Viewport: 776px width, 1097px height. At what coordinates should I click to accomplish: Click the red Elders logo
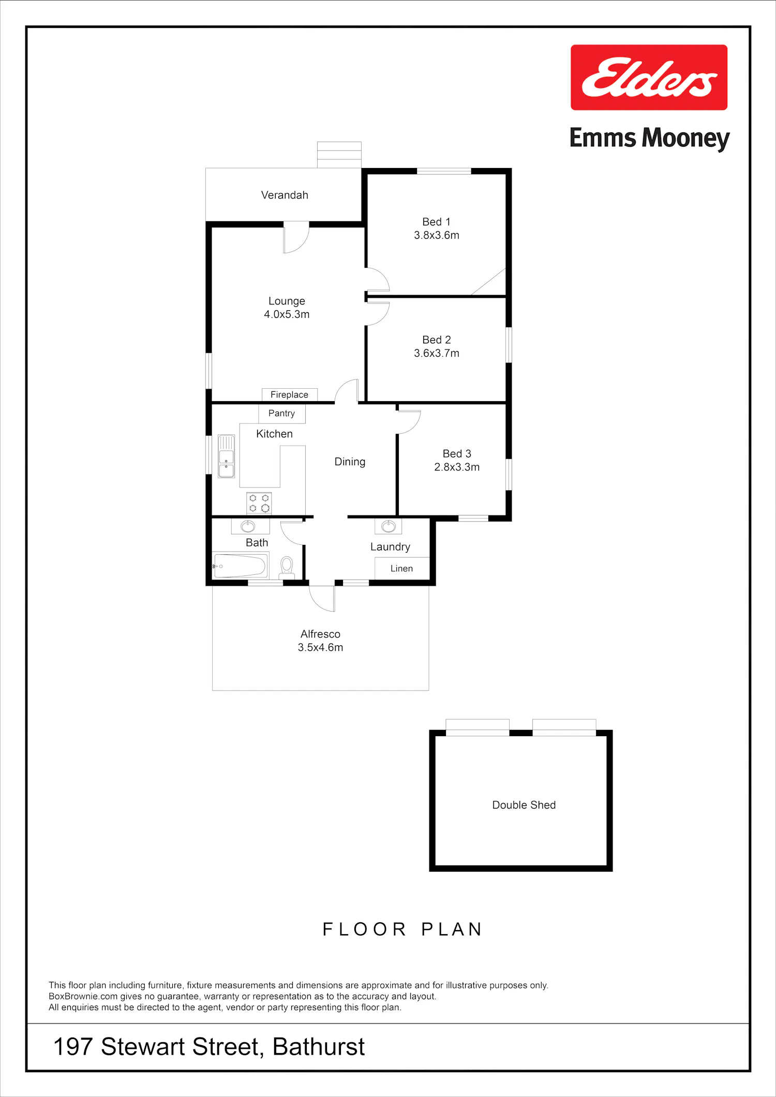click(x=649, y=78)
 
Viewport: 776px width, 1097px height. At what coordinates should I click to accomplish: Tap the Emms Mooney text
click(x=649, y=139)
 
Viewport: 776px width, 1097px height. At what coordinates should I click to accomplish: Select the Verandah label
click(x=285, y=195)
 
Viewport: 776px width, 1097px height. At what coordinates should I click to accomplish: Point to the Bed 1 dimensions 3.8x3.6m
click(x=437, y=235)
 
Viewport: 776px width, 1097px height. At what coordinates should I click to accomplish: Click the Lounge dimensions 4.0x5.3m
click(x=287, y=314)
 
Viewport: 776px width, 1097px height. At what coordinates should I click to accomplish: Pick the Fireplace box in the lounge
click(x=290, y=394)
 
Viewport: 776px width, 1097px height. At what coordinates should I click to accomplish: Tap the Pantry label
click(x=281, y=413)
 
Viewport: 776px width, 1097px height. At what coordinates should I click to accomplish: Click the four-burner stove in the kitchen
click(x=259, y=503)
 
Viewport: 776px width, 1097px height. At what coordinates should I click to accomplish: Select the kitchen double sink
click(x=226, y=456)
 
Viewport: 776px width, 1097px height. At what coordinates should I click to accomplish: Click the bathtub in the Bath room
click(x=241, y=566)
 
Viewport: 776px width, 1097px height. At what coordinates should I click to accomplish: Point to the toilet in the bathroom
click(x=287, y=568)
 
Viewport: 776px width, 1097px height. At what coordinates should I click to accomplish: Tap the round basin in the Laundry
click(x=389, y=526)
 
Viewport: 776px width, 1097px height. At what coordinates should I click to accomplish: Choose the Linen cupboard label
click(x=401, y=569)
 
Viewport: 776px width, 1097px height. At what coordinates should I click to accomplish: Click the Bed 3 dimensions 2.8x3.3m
click(x=457, y=467)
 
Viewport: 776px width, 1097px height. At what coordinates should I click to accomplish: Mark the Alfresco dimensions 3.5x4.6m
click(x=320, y=647)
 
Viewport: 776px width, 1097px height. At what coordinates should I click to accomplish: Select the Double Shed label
click(x=524, y=805)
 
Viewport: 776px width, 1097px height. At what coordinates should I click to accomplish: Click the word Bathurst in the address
click(x=319, y=1046)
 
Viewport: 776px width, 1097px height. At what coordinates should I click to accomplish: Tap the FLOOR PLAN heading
click(x=402, y=929)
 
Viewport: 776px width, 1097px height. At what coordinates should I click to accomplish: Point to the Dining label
click(x=350, y=462)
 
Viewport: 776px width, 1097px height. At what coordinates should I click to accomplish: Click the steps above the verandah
click(x=339, y=155)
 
